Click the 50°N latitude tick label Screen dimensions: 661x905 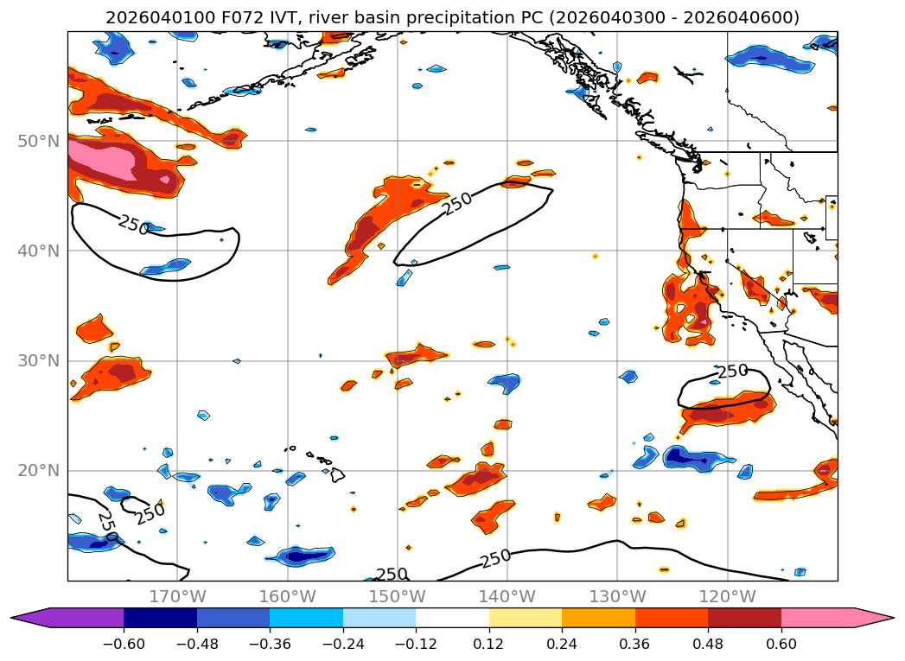tap(38, 141)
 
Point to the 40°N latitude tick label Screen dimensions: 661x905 tap(38, 251)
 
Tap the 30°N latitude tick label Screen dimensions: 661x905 tap(38, 360)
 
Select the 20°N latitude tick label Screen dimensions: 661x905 tap(38, 471)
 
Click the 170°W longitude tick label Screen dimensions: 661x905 tap(177, 596)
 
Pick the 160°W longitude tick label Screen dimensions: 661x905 tap(287, 596)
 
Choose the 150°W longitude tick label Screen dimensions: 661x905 tap(397, 596)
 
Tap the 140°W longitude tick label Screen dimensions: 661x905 tap(507, 596)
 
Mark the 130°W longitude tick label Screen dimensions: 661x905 tap(616, 596)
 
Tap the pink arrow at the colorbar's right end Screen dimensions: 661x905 tap(874, 618)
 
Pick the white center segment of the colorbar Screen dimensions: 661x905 tap(452, 618)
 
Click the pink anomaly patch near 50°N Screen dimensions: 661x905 tap(102, 160)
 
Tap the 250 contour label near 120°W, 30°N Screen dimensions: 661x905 tap(732, 371)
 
